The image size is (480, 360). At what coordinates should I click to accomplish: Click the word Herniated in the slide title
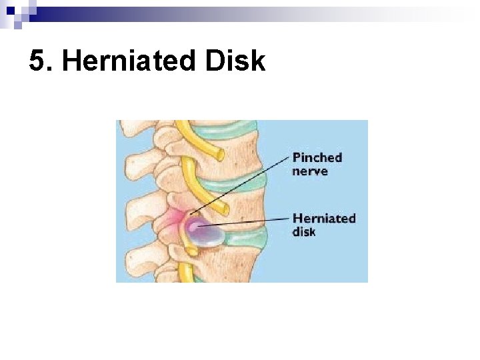123,62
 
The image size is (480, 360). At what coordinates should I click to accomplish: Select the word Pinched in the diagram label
317,158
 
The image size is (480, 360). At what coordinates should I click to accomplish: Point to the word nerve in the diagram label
310,171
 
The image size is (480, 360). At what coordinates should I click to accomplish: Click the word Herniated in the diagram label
324,219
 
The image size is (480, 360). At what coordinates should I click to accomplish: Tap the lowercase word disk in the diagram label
304,231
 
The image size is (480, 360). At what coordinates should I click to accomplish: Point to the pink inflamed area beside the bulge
175,220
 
